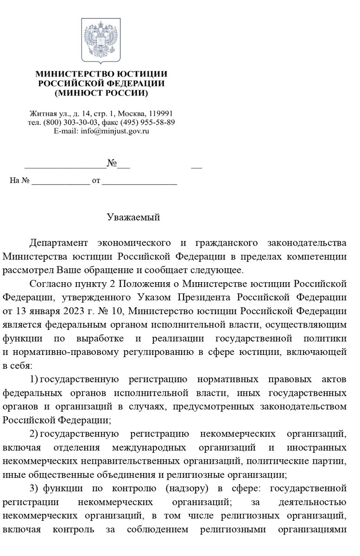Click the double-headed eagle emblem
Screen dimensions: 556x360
101,40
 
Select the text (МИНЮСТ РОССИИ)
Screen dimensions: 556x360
101,93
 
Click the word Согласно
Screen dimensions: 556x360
45,282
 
